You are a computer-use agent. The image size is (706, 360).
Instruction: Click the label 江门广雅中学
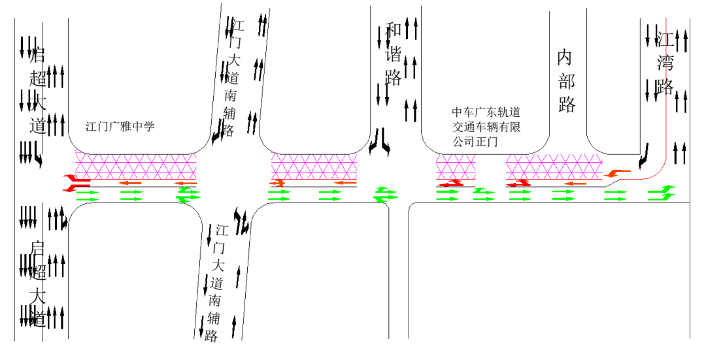point(120,127)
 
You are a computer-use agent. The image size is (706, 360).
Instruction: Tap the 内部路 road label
point(565,81)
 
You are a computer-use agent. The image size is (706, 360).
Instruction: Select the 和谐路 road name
point(394,54)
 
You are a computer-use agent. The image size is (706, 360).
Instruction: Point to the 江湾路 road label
point(665,63)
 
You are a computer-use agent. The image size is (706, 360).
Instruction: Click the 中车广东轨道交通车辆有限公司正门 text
point(487,126)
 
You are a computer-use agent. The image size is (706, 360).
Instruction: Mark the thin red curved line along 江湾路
point(665,131)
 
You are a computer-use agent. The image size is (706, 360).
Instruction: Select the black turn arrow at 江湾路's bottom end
point(645,155)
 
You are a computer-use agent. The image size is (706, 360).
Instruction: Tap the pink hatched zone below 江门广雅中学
point(136,167)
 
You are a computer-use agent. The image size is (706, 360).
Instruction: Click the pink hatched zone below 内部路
point(553,167)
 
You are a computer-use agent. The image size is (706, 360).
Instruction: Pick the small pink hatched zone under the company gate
point(456,167)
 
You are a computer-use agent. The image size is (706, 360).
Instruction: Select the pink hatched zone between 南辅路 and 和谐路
point(314,167)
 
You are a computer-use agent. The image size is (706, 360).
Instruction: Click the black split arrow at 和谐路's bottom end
point(380,140)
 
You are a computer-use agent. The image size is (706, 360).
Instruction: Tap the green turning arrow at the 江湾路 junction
point(662,192)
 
